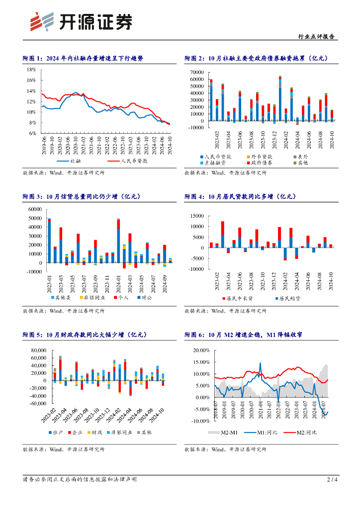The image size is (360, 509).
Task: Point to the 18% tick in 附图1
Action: [31, 70]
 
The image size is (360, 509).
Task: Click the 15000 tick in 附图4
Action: [197, 216]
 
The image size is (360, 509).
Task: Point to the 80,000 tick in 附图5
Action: [38, 350]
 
